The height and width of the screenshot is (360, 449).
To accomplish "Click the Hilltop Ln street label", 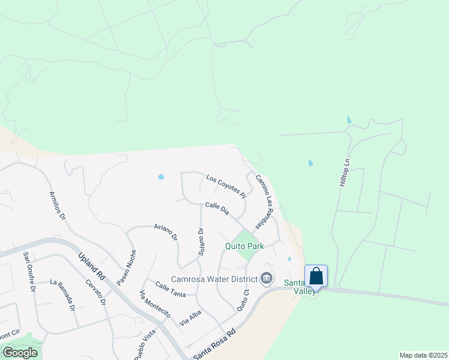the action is [x=344, y=172].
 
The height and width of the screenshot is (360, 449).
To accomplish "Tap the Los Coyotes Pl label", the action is [x=226, y=186].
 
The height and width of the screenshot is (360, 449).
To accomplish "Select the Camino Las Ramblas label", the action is [x=265, y=202].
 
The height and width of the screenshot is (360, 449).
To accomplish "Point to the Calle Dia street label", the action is [x=217, y=208].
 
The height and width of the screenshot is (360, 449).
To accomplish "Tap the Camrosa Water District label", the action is [x=214, y=278].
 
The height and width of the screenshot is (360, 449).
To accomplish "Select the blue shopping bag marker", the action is [x=316, y=277].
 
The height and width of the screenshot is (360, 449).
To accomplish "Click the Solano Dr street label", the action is [x=201, y=242].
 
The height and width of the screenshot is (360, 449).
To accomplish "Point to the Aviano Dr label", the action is [x=166, y=232].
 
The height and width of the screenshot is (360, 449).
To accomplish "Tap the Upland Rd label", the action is [x=91, y=267].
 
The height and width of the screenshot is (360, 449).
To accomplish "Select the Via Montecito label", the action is [x=155, y=304].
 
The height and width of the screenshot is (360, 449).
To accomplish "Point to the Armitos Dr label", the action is [x=56, y=206].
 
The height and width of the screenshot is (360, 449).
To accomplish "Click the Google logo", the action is [x=20, y=353].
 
